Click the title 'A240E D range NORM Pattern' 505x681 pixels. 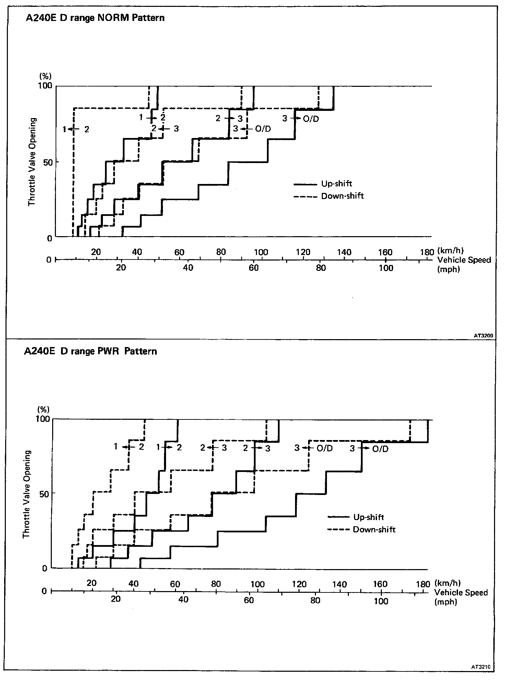pos(95,18)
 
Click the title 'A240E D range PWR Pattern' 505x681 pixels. pos(91,351)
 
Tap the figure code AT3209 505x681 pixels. pos(483,336)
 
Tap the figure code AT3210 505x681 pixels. pos(481,667)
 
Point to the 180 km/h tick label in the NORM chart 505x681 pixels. pos(427,252)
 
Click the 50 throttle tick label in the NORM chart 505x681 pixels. pos(47,162)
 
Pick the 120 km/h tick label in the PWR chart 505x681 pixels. pos(299,584)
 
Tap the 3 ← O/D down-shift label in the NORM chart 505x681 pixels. pos(252,129)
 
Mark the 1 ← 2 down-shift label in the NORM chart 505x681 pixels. pos(76,129)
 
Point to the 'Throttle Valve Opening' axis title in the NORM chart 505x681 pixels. pos(32,162)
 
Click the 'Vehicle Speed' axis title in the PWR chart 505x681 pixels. pos(461,593)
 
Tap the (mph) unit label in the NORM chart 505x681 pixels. pos(448,269)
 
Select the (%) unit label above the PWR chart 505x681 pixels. pos(44,409)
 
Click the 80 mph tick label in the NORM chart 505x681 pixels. pos(321,268)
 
